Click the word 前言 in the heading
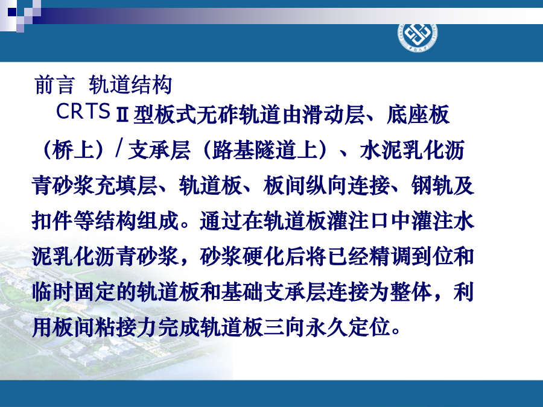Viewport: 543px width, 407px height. (54, 85)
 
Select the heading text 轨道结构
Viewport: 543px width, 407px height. (130, 85)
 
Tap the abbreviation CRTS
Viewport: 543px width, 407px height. (83, 111)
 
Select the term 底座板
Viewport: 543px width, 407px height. (418, 114)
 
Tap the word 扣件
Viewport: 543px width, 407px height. (52, 221)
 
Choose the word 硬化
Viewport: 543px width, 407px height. (263, 256)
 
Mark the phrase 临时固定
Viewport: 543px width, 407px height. (74, 292)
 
